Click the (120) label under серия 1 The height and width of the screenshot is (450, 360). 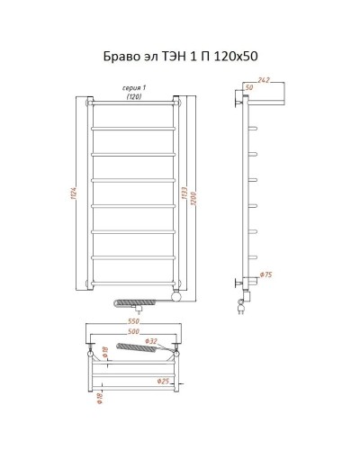(x=135, y=96)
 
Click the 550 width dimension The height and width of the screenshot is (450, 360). (x=133, y=322)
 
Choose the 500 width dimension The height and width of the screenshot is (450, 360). (x=133, y=332)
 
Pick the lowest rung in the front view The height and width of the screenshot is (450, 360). (x=134, y=282)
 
